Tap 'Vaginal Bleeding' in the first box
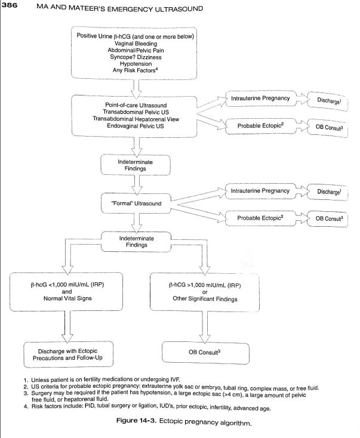[x=139, y=44]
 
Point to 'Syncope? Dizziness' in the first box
[x=139, y=57]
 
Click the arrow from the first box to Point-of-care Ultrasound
[x=139, y=86]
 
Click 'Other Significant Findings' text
[x=204, y=299]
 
